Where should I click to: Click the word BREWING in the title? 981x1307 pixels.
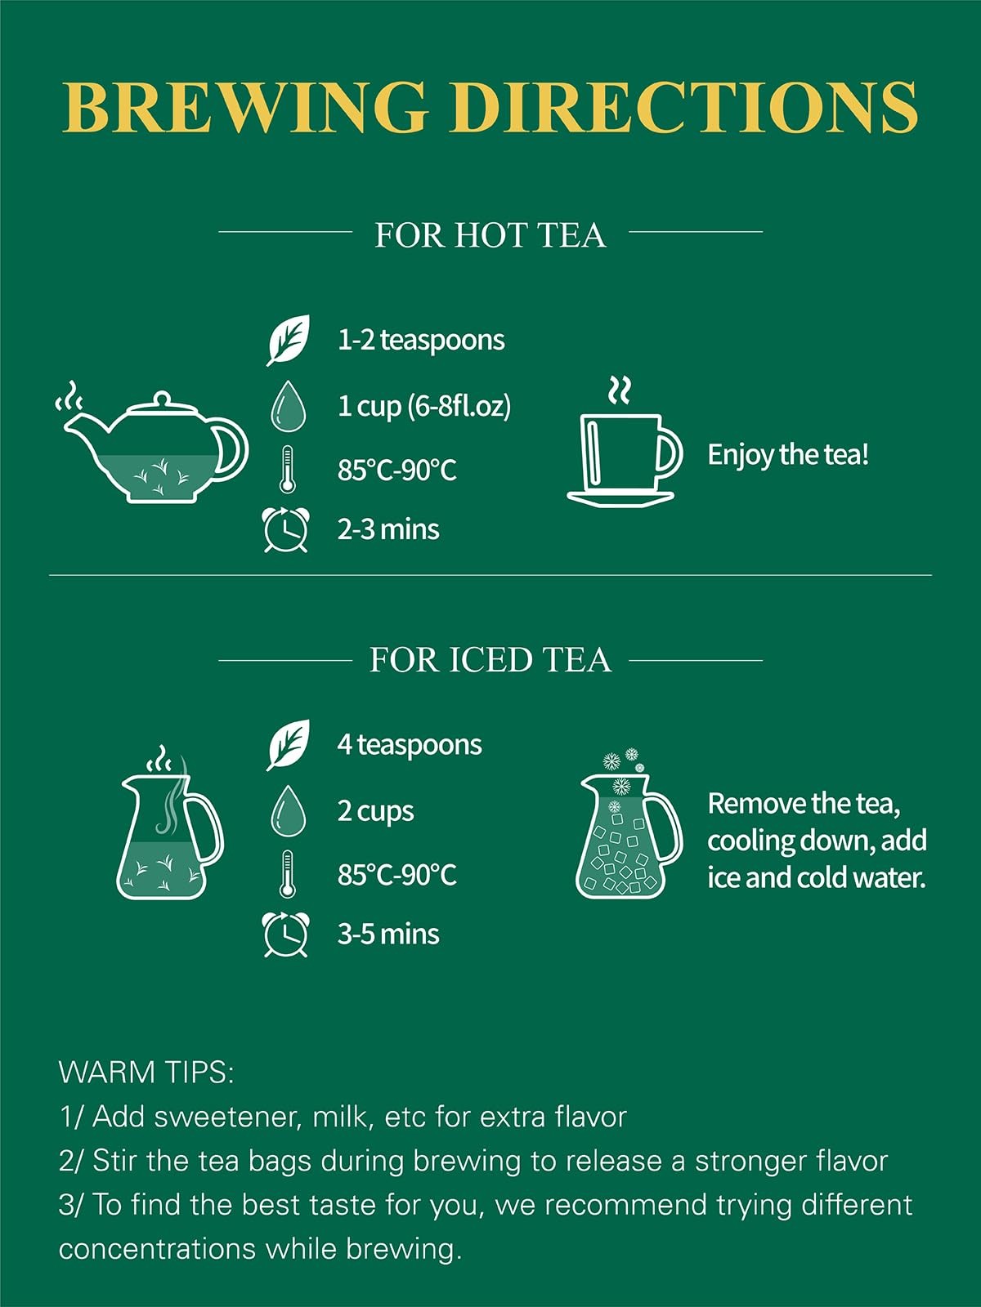click(x=245, y=107)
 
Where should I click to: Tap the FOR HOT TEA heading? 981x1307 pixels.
click(x=490, y=235)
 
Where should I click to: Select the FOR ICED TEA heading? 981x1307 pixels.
click(x=490, y=660)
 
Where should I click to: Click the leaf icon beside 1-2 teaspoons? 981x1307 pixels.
click(x=289, y=340)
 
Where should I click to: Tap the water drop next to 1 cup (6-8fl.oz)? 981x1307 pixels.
click(x=289, y=406)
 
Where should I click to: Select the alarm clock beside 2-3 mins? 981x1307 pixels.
click(x=286, y=529)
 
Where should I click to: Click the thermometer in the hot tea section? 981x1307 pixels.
click(x=287, y=469)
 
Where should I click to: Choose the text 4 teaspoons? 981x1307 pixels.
click(x=410, y=745)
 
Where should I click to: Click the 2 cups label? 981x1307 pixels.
click(x=375, y=812)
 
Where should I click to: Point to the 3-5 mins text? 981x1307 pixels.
click(x=388, y=935)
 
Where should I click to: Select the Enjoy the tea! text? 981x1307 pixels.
click(x=788, y=455)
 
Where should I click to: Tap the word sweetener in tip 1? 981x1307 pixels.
click(x=225, y=1117)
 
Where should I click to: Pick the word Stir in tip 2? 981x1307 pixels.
click(x=115, y=1161)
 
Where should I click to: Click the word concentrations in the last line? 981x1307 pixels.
click(x=157, y=1249)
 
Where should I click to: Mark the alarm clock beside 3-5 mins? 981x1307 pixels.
click(x=286, y=935)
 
